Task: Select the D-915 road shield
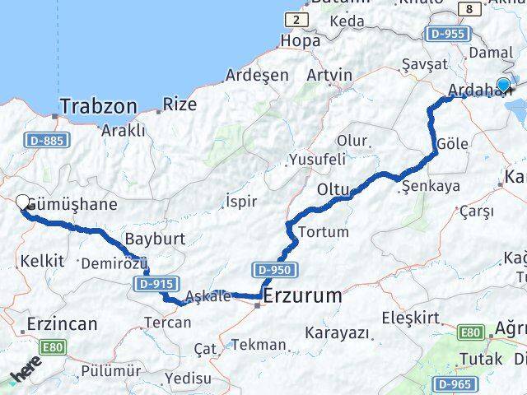pos(155,284)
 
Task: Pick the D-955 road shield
pos(448,34)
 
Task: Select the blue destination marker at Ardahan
pos(503,84)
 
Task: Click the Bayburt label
pos(151,239)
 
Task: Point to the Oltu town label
pos(333,191)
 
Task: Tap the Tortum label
pos(324,232)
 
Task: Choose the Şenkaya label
pos(431,187)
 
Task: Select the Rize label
pos(180,105)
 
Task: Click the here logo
pos(25,377)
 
